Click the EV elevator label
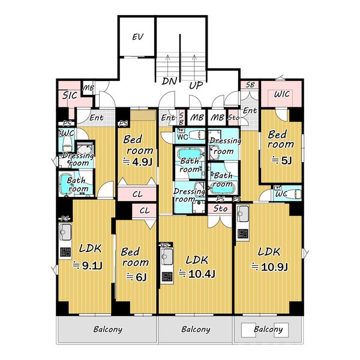click(x=138, y=37)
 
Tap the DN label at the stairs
click(x=169, y=81)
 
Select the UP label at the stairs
click(x=196, y=85)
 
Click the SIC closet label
click(x=70, y=95)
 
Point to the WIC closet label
click(x=282, y=94)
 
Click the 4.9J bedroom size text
click(x=137, y=162)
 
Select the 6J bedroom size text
click(x=136, y=277)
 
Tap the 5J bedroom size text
click(x=282, y=160)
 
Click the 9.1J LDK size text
click(x=88, y=266)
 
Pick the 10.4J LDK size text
click(x=197, y=274)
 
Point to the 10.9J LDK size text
click(x=269, y=267)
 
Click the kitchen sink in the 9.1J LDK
click(x=65, y=232)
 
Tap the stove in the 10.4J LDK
click(x=167, y=277)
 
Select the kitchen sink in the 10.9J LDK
click(x=242, y=213)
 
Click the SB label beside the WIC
click(x=250, y=85)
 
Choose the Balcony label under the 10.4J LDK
click(x=196, y=329)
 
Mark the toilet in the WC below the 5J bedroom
click(x=293, y=193)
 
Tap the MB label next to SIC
click(x=88, y=88)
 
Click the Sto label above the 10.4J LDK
click(x=220, y=209)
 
